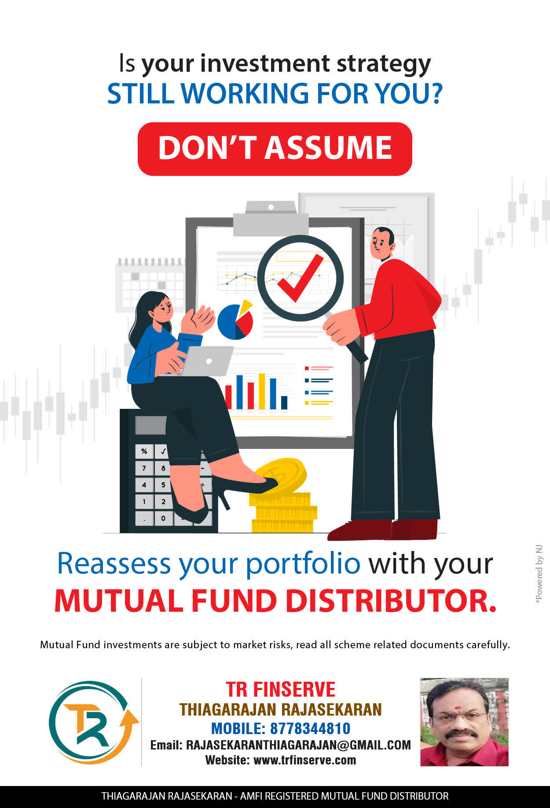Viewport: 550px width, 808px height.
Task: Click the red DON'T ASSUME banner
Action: click(275, 149)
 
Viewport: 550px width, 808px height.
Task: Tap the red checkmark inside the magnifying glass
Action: click(301, 278)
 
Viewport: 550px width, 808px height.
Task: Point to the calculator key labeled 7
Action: click(144, 468)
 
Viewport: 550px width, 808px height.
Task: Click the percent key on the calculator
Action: click(144, 451)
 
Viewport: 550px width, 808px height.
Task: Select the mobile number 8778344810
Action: click(310, 728)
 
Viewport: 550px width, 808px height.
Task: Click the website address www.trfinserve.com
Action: click(304, 760)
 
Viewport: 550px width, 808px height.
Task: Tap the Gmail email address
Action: click(298, 745)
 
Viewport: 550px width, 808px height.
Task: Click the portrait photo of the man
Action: click(464, 722)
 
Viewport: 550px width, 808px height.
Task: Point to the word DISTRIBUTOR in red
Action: click(391, 601)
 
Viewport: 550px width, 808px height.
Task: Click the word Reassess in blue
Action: click(114, 563)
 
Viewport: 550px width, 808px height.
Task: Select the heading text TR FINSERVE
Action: click(281, 689)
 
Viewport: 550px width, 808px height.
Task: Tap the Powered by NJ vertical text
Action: click(539, 575)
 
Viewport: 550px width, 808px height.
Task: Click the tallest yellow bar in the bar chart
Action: click(262, 391)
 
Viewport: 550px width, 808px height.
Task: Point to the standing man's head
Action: click(382, 243)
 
